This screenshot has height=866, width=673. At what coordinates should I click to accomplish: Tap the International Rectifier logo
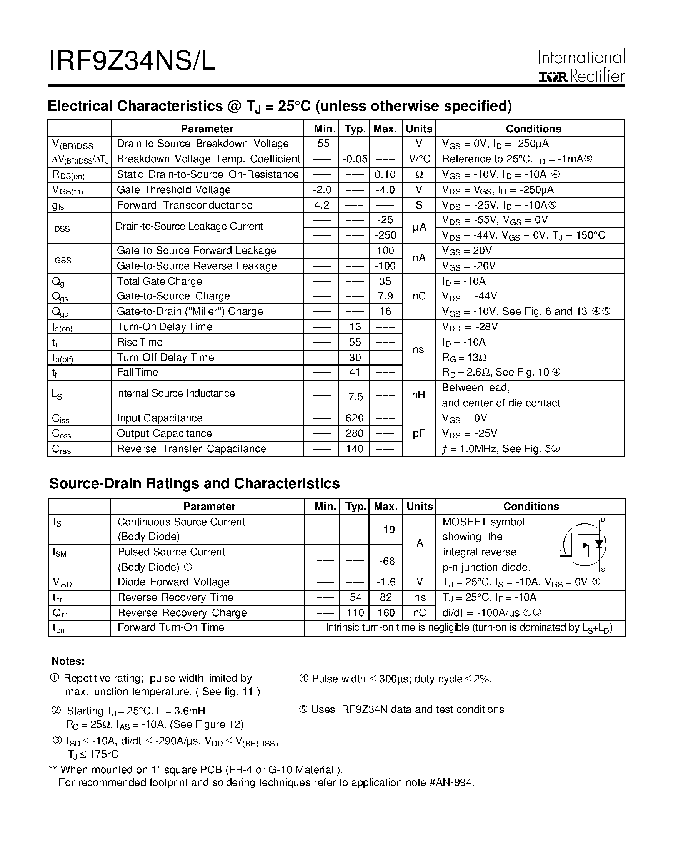click(581, 66)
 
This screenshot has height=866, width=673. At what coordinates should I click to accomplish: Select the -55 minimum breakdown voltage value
click(321, 144)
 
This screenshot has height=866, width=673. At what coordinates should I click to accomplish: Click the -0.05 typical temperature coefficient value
click(355, 159)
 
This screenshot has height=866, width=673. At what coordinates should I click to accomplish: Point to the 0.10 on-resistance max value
click(385, 174)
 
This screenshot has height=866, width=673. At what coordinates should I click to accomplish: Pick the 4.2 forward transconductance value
click(321, 205)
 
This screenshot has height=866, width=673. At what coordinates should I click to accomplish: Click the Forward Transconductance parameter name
click(185, 205)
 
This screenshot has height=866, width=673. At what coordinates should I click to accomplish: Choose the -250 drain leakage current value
click(385, 235)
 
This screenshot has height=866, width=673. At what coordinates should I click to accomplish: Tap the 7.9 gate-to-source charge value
click(385, 296)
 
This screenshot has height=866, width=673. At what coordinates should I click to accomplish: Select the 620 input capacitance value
click(355, 418)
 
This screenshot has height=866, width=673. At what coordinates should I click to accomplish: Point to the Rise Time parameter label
click(140, 342)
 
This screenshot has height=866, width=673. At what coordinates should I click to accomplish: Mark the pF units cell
click(419, 433)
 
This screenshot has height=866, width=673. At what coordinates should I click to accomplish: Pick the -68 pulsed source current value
click(386, 561)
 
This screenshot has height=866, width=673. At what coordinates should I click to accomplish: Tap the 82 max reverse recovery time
click(386, 598)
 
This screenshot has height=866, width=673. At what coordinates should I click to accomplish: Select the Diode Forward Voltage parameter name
click(173, 582)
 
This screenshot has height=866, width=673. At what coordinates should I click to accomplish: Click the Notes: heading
click(68, 661)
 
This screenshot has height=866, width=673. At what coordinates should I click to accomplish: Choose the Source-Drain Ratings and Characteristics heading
click(194, 484)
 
